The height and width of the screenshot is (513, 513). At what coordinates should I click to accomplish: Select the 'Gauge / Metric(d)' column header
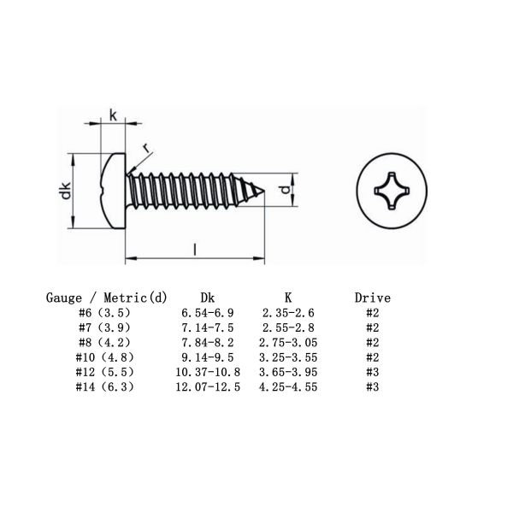coord(106,298)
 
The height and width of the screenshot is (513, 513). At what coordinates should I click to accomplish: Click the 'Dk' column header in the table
coord(206,298)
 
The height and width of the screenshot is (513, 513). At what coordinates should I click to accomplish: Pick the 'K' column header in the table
coord(289,298)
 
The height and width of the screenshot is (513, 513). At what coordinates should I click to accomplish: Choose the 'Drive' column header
coord(372,298)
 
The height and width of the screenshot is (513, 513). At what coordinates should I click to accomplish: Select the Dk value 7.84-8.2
coord(206,342)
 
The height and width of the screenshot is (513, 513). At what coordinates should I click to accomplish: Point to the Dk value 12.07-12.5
coord(206,386)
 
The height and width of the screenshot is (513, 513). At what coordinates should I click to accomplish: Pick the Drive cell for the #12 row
coord(372,371)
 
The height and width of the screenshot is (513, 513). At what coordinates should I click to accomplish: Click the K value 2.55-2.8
coord(289,327)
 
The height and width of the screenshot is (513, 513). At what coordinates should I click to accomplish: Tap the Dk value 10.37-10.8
coord(206,371)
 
